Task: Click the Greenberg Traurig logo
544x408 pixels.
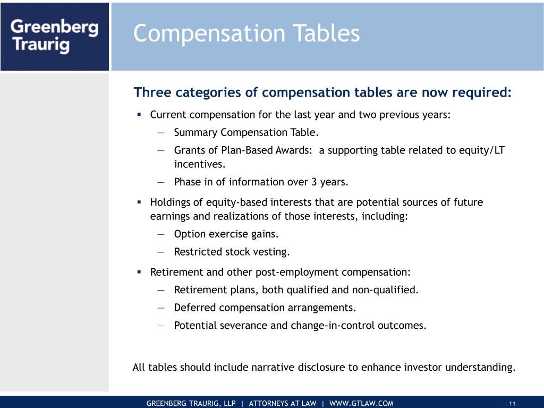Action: pos(55,36)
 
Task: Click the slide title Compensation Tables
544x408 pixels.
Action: pos(246,33)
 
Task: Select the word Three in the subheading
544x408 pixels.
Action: pos(151,92)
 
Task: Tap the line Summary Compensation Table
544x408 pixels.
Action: pos(246,132)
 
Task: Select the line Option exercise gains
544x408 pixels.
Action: pos(226,234)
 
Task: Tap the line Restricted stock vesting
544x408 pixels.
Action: pos(232,252)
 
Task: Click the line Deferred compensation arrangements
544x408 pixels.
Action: pos(265,308)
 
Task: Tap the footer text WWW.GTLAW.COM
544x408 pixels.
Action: pos(361,403)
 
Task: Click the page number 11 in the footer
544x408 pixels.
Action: pos(512,404)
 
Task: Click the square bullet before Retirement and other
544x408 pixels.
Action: pos(139,272)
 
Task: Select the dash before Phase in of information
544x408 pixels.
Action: pos(161,182)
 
